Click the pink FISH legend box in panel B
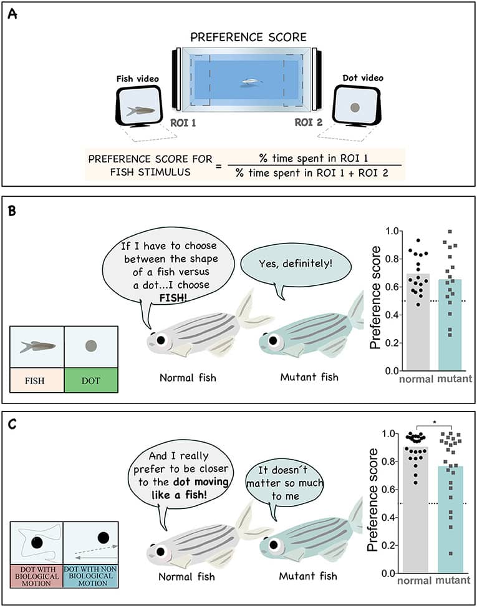tap(37, 378)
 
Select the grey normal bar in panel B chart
tap(417, 325)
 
